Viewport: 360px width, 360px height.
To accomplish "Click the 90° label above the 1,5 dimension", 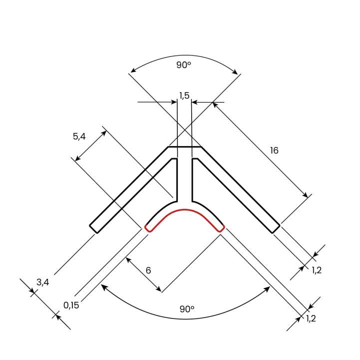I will [184, 65].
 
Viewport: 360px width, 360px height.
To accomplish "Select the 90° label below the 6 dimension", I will [187, 309].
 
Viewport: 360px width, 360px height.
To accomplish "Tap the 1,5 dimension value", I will [184, 95].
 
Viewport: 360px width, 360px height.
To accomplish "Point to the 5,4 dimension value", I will [80, 136].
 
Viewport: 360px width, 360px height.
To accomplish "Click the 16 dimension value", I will [274, 150].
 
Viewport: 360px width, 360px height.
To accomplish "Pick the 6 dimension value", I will [148, 270].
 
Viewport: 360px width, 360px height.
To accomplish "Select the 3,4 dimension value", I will [43, 282].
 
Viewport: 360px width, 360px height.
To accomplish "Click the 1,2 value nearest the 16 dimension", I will [317, 270].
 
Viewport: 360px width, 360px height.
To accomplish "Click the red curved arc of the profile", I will [184, 209].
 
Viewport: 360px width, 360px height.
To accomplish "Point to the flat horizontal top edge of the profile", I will [184, 147].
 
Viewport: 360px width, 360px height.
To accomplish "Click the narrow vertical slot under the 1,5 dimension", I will [185, 177].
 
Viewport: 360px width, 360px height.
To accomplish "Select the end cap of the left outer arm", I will [93, 228].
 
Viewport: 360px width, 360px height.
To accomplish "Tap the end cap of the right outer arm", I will [276, 228].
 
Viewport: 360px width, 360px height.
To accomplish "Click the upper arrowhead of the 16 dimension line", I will [215, 104].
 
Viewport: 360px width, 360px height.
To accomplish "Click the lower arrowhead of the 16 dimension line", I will [305, 196].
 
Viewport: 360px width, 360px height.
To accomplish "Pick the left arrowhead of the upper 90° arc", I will [131, 71].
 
